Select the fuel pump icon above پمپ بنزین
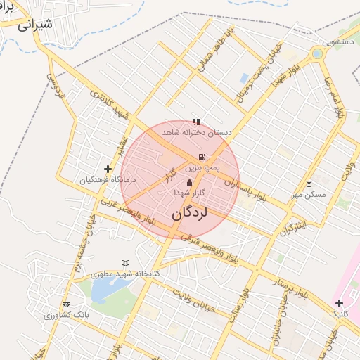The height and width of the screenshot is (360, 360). pos(202,157)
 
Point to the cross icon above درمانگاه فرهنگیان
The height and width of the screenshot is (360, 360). pos(108,169)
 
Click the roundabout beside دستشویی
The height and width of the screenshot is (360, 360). pos(317,53)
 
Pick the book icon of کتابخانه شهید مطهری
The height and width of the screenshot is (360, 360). pos(126,263)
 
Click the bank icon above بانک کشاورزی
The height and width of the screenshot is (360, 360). pos(67,304)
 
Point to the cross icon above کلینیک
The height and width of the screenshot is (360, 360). pos(339,302)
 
